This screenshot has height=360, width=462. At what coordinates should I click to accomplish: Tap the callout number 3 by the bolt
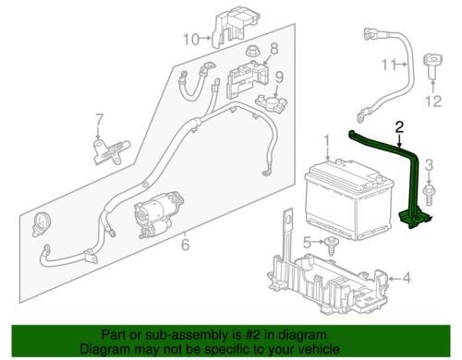(x=428, y=163)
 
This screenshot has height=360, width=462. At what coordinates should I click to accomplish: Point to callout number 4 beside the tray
(x=406, y=277)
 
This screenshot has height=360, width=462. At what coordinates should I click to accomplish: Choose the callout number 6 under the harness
(x=184, y=245)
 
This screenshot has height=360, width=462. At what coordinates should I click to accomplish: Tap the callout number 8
(x=274, y=47)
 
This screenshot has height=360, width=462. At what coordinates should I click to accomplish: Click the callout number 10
(x=189, y=38)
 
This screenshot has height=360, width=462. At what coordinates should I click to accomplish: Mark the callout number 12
(x=428, y=99)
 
